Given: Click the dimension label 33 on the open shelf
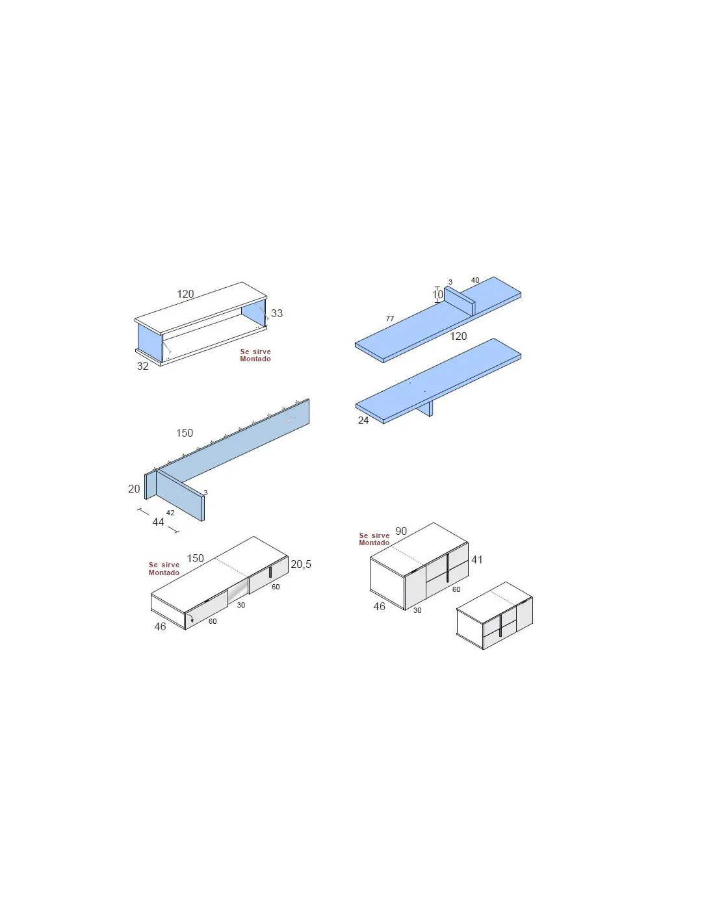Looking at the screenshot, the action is [x=276, y=313].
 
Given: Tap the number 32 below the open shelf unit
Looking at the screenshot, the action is [x=142, y=366].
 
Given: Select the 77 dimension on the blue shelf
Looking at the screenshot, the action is [x=389, y=318].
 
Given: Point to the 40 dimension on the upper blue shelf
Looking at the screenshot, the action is [x=474, y=280].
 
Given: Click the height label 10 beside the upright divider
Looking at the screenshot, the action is [x=437, y=294].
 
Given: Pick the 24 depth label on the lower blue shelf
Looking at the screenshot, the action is [x=363, y=420].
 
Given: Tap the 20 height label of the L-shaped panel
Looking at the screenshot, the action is [x=134, y=489].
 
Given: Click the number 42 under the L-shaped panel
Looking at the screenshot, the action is [x=170, y=513].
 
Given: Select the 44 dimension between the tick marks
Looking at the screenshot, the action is [x=158, y=522].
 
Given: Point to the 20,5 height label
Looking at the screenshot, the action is [x=301, y=564].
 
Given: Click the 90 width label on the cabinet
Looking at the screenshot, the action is [x=401, y=531].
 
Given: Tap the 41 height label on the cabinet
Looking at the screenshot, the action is [x=477, y=559].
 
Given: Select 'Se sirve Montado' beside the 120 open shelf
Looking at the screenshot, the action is [x=255, y=355].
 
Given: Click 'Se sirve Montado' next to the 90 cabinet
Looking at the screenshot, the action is [x=374, y=539].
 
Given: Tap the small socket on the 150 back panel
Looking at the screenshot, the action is [x=289, y=420].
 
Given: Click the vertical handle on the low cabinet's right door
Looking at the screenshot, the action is [x=270, y=572].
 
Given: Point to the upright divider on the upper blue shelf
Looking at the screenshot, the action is [x=460, y=300].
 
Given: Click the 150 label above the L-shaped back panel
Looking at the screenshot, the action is [x=185, y=433].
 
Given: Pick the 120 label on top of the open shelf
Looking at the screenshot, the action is [x=185, y=294].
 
